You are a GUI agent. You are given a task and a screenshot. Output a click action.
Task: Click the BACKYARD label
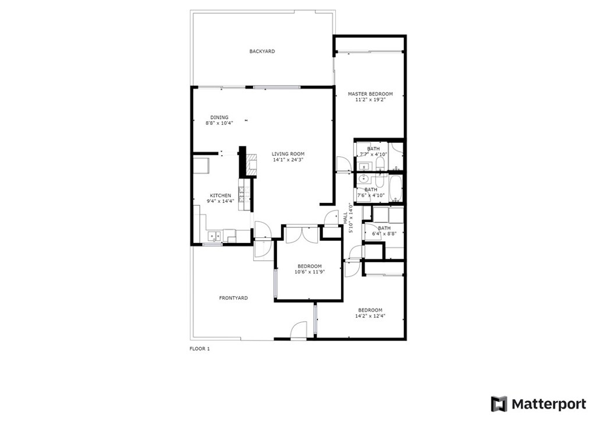click(262, 51)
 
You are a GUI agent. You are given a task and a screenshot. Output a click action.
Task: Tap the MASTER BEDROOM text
click(370, 94)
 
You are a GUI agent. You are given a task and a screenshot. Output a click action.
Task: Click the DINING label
click(219, 117)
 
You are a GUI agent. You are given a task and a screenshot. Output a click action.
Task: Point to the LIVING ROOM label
click(288, 154)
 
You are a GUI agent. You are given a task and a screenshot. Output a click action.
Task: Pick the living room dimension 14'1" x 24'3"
click(288, 160)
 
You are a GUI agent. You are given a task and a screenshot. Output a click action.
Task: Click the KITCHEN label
click(221, 196)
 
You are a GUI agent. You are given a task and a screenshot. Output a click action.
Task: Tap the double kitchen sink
click(214, 236)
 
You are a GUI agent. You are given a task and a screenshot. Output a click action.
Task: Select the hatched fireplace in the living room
click(251, 165)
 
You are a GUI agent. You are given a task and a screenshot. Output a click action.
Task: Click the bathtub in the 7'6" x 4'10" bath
click(396, 188)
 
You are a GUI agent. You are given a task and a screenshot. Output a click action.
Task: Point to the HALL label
click(345, 218)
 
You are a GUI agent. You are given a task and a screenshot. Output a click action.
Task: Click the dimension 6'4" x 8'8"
click(384, 234)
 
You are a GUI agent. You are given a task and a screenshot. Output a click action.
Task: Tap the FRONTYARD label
click(233, 298)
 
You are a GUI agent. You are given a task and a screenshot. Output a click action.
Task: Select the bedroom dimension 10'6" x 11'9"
click(310, 272)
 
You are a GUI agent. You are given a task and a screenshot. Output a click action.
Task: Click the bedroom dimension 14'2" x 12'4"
click(370, 316)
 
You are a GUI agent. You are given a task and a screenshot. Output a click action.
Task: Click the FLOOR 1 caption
click(200, 349)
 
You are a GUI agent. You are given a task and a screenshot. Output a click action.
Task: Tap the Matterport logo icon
click(499, 404)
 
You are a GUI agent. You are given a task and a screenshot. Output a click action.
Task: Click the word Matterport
click(549, 404)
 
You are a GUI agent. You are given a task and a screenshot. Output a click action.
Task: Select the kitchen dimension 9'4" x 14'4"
click(221, 201)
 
